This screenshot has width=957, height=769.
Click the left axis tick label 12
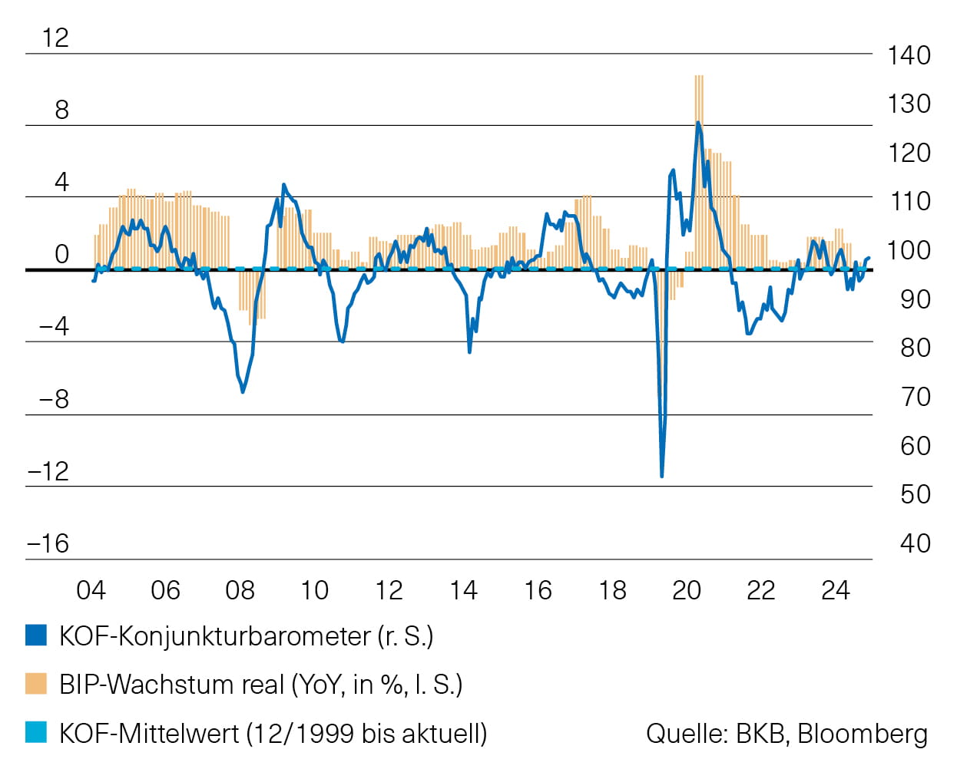click(x=55, y=38)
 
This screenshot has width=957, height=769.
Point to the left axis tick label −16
click(x=48, y=543)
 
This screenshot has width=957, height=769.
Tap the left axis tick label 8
click(x=61, y=110)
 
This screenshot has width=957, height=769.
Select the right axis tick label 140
click(x=909, y=55)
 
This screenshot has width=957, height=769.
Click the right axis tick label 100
click(x=909, y=250)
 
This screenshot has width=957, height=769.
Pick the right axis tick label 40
click(x=915, y=543)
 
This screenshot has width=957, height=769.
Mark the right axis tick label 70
click(x=915, y=397)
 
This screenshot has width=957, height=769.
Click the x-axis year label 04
click(x=91, y=590)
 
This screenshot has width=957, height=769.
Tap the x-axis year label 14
click(x=463, y=590)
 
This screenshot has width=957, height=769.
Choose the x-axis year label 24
click(x=835, y=590)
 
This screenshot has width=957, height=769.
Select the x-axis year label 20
click(x=686, y=590)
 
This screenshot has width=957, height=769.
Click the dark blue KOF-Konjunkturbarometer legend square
click(x=36, y=635)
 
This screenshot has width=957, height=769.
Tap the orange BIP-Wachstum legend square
click(x=36, y=684)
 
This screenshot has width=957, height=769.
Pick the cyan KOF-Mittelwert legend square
click(x=36, y=733)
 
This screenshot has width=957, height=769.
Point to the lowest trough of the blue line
click(x=661, y=476)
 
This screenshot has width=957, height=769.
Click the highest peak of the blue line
click(x=697, y=123)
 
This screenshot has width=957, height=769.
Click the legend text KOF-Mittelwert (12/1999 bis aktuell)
click(x=273, y=733)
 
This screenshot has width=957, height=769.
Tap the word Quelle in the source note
click(x=687, y=734)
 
